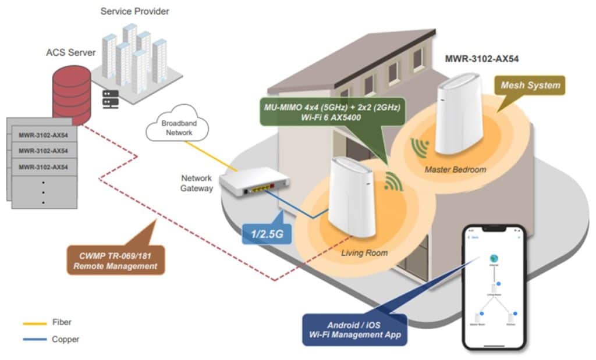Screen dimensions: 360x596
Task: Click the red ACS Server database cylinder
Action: (71, 93)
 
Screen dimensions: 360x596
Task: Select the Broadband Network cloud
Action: (176, 129)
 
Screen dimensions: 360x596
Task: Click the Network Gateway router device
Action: (256, 185)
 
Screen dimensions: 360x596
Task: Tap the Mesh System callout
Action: (530, 86)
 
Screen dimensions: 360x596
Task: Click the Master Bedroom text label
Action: (455, 169)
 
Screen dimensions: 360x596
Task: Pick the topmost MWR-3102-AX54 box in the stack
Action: (43, 134)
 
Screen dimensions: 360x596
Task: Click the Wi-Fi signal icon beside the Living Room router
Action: (394, 183)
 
